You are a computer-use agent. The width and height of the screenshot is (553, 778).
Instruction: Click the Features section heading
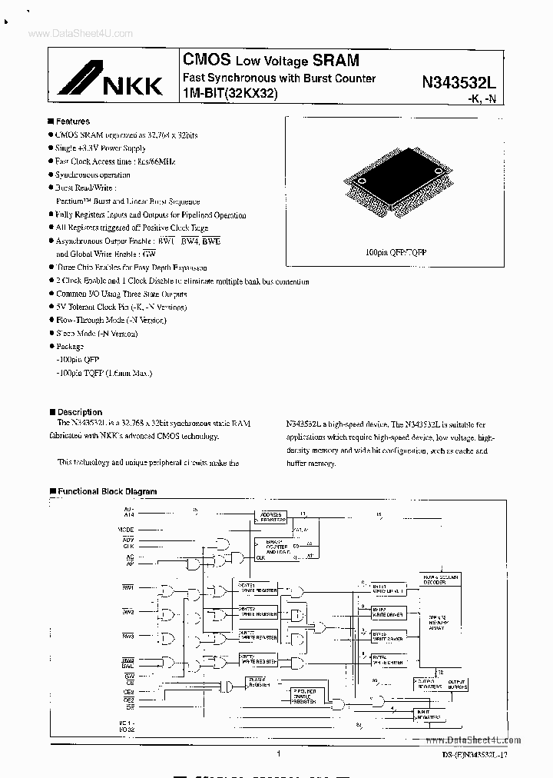click(72, 121)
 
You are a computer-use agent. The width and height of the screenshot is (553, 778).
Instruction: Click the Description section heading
click(79, 412)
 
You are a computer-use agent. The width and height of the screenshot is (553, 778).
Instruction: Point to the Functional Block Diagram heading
click(107, 491)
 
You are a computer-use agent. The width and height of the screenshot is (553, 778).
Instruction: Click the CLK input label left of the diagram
click(128, 547)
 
